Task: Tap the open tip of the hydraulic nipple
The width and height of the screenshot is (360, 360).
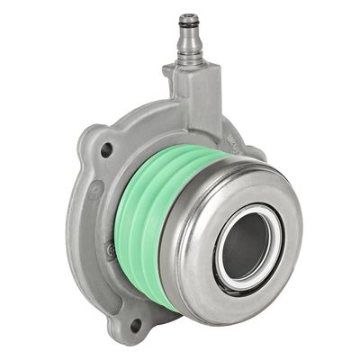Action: pyautogui.click(x=188, y=17)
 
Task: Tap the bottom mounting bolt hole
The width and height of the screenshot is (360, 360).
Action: pyautogui.click(x=135, y=324)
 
